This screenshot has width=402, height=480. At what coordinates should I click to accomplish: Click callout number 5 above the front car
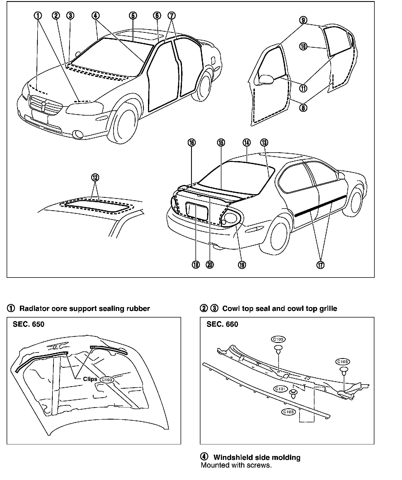[x=133, y=15]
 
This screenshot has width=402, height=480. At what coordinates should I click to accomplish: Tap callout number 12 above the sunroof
[x=95, y=177]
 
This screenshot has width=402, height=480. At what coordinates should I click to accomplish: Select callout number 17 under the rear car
[x=321, y=265]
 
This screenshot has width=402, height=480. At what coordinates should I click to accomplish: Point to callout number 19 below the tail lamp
[x=242, y=265]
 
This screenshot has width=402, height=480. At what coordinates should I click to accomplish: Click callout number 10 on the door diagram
[x=303, y=47]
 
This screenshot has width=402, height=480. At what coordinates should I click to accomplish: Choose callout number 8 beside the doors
[x=303, y=108]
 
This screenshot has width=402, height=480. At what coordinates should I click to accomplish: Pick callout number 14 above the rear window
[x=247, y=142]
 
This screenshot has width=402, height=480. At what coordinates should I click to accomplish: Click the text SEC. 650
[x=28, y=324]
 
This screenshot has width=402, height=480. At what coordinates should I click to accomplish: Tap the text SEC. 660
[x=222, y=324]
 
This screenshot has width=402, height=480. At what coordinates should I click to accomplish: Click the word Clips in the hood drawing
[x=90, y=379]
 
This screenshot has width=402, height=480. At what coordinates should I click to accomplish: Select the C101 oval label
[x=280, y=389]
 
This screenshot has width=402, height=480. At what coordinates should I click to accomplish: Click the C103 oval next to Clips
[x=107, y=380]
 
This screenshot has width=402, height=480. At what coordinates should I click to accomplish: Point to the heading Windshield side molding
[x=257, y=457]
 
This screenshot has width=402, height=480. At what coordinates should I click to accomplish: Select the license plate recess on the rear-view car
[x=197, y=211]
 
